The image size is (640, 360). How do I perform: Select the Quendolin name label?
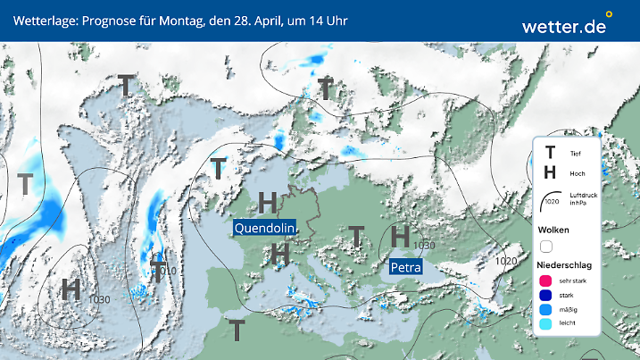(264, 228)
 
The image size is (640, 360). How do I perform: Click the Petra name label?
(405, 266)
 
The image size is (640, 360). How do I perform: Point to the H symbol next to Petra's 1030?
(401, 237)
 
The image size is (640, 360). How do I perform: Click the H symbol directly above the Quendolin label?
(267, 202)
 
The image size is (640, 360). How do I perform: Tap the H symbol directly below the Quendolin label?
(279, 255)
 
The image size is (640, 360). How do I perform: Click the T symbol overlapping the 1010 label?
(157, 272)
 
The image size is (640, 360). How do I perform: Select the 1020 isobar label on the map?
(506, 260)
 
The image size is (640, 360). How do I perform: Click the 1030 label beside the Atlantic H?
(100, 298)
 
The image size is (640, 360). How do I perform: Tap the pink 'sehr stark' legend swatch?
(546, 280)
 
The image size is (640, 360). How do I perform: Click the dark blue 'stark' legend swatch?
(546, 296)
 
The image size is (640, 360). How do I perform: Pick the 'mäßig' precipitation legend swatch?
(546, 311)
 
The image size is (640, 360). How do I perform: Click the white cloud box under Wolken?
(546, 246)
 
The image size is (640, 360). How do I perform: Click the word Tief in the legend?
(575, 154)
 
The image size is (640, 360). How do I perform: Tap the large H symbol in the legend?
(550, 173)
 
